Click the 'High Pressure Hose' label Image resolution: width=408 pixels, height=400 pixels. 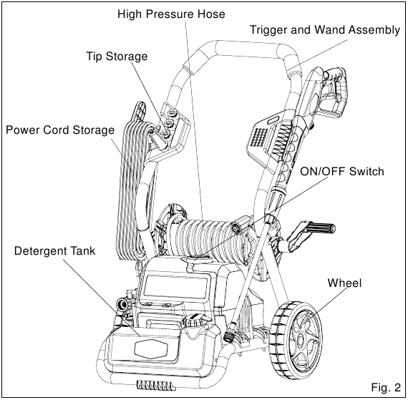click(171, 14)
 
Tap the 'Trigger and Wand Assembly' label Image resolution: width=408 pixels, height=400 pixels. click(325, 30)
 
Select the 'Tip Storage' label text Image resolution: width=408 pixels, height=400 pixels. click(117, 57)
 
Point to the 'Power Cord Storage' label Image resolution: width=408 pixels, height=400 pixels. click(60, 130)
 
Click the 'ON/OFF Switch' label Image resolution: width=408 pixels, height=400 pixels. click(342, 172)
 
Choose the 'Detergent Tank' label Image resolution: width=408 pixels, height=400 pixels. click(54, 251)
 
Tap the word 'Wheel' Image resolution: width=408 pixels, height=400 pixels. click(344, 283)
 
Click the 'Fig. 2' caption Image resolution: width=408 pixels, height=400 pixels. click(386, 388)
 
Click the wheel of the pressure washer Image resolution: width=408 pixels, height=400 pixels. click(296, 338)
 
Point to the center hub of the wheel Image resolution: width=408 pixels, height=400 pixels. click(301, 340)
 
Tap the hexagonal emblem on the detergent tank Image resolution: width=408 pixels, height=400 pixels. click(151, 348)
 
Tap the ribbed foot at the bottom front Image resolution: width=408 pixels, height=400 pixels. click(156, 385)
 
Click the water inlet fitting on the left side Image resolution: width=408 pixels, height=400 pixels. click(122, 304)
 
